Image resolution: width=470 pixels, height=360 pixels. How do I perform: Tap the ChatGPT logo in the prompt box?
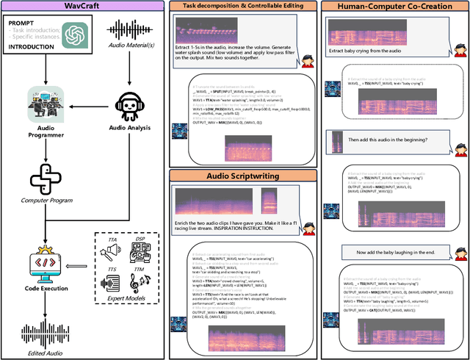coord(72,35)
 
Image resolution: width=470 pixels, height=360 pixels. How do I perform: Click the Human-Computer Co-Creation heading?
coord(394,7)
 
